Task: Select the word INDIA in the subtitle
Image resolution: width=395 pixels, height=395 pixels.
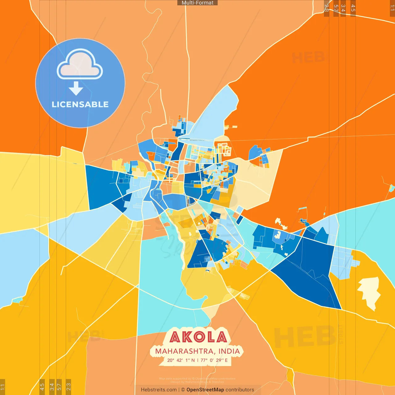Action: pyautogui.click(x=229, y=351)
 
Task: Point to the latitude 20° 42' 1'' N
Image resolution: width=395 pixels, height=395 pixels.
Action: pyautogui.click(x=181, y=360)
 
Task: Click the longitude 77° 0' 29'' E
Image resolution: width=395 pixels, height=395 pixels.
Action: pyautogui.click(x=214, y=360)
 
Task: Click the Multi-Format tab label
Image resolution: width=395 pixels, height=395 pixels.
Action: pyautogui.click(x=197, y=3)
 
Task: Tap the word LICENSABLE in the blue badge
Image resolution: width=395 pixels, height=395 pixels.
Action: pyautogui.click(x=80, y=104)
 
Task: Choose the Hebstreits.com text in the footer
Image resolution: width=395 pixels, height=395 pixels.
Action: pyautogui.click(x=159, y=390)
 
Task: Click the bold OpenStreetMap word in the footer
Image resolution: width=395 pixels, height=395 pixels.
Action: pyautogui.click(x=205, y=390)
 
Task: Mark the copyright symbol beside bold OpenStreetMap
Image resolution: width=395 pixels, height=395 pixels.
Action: pyautogui.click(x=183, y=390)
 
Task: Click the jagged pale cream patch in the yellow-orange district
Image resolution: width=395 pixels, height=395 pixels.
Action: pyautogui.click(x=369, y=292)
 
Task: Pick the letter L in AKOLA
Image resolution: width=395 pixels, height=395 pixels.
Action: pyautogui.click(x=210, y=337)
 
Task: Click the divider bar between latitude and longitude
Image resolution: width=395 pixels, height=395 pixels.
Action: pyautogui.click(x=198, y=360)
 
